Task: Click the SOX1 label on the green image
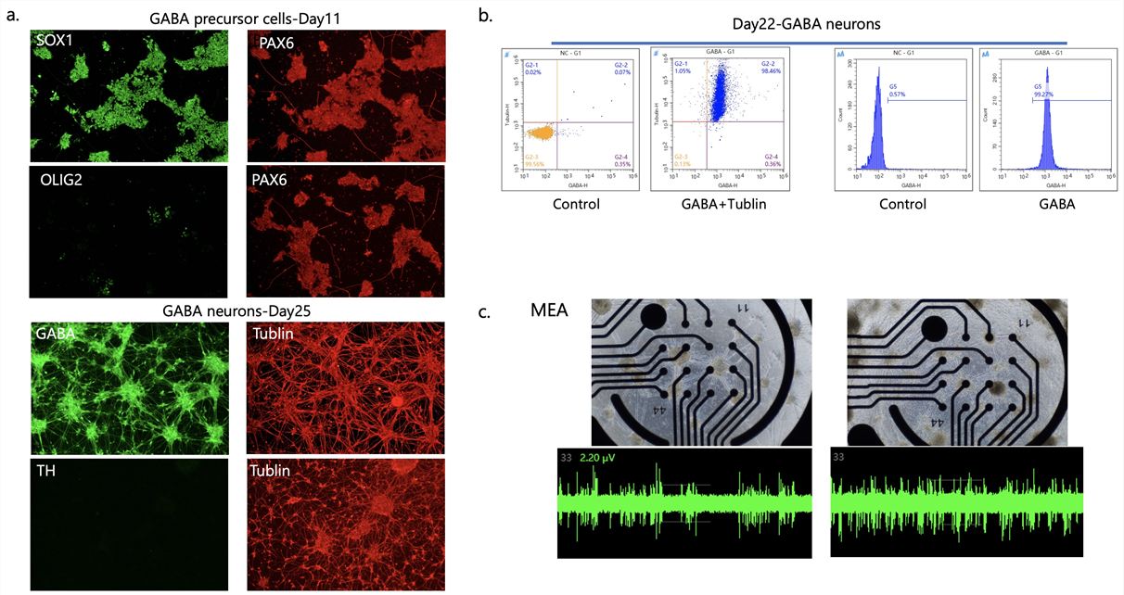pos(54,42)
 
